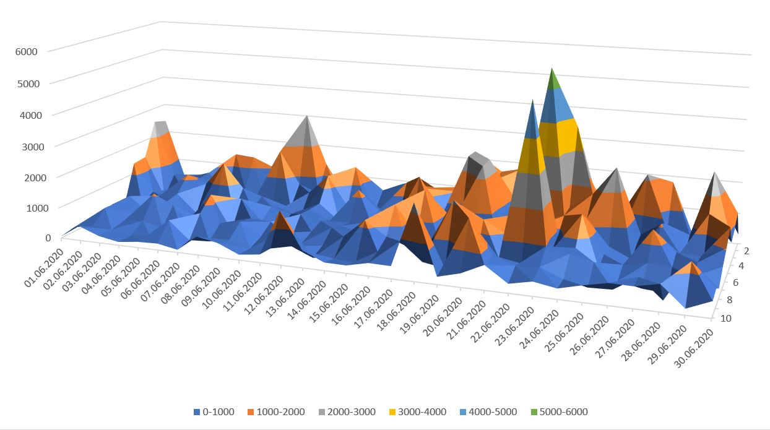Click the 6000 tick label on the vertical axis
[27, 51]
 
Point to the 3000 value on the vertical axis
[27, 146]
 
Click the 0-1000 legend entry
[214, 412]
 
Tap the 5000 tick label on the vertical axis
[27, 84]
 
